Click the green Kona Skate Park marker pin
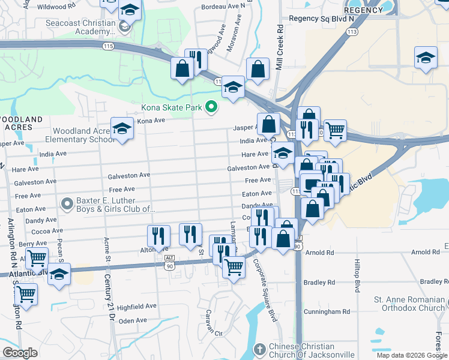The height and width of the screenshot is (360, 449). click(x=211, y=107)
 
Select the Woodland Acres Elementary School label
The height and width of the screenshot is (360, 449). click(x=83, y=135)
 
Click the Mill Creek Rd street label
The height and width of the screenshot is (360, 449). click(x=279, y=50)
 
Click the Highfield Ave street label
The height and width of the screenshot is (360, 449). click(x=136, y=307)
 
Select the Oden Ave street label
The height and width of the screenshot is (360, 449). click(x=133, y=320)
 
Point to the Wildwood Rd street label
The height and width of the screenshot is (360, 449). click(x=64, y=7)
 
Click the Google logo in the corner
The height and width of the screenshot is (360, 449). click(x=20, y=353)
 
